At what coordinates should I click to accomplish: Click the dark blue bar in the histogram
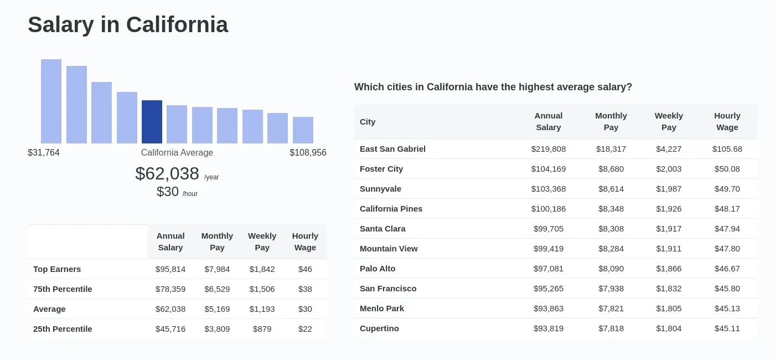point(152,122)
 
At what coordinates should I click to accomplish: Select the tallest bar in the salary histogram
point(51,101)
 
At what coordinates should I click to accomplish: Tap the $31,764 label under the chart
point(44,153)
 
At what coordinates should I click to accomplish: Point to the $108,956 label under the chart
point(308,153)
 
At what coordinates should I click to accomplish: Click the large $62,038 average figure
point(167,174)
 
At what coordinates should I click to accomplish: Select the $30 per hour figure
point(168,192)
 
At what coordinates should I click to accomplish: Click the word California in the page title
point(177,25)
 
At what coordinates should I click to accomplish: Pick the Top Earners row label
point(57,269)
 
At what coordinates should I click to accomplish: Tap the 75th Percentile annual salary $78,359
point(170,289)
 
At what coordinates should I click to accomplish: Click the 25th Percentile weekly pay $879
point(262,329)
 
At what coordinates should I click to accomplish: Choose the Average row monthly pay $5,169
point(217,309)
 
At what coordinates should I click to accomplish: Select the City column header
point(368,122)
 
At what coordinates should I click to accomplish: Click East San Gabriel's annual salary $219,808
point(548,149)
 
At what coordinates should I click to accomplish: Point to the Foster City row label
point(381,169)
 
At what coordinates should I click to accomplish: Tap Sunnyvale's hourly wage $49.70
point(727,189)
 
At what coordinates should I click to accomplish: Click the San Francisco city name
point(388,289)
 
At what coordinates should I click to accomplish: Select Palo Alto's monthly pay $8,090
point(611,269)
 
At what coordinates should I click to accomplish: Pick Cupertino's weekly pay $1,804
point(669,328)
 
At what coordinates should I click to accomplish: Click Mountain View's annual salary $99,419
point(548,249)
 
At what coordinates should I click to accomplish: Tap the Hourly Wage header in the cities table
point(727,122)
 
